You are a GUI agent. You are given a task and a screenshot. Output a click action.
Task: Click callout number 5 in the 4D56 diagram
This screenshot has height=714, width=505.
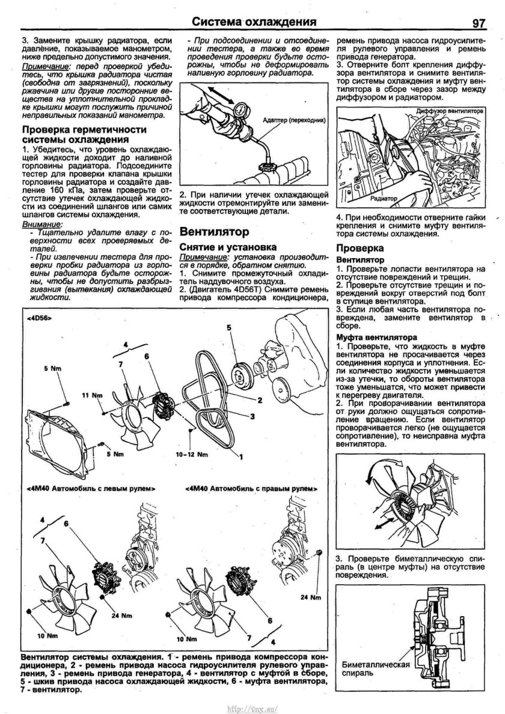(x=229, y=327)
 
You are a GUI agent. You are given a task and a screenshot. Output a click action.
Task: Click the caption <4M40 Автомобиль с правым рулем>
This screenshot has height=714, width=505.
(x=249, y=489)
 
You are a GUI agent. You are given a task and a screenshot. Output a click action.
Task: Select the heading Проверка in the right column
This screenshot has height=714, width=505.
(x=360, y=248)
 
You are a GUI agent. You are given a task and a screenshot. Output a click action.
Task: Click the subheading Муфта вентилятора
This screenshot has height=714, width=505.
(x=376, y=338)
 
